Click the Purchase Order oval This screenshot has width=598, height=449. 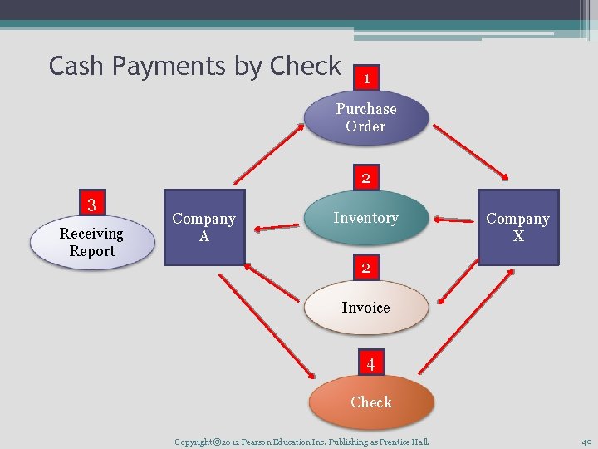(365, 118)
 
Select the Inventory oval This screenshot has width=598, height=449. (365, 219)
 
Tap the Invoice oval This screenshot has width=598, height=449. (365, 308)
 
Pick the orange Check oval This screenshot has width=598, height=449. (371, 402)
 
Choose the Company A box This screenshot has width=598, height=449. (204, 227)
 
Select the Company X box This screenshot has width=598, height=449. (517, 227)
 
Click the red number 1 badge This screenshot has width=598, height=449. (366, 78)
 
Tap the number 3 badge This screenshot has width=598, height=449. (92, 204)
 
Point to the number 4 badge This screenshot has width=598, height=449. (370, 364)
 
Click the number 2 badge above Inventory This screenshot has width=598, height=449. (365, 178)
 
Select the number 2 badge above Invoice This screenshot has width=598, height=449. (365, 268)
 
